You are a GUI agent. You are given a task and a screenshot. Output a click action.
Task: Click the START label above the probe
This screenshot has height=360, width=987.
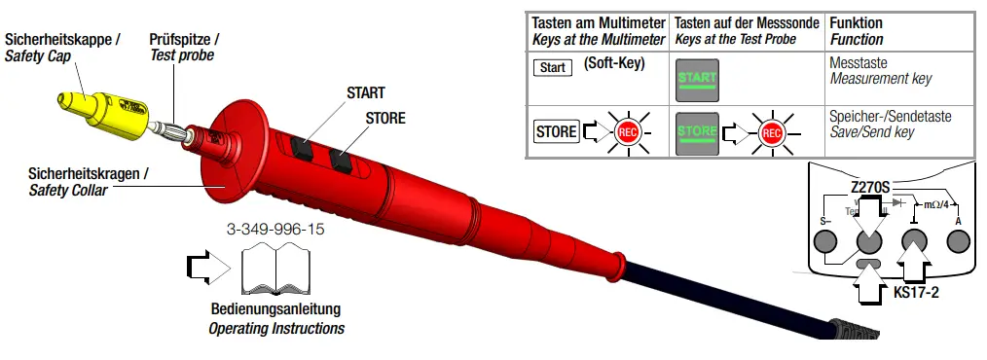point(366,92)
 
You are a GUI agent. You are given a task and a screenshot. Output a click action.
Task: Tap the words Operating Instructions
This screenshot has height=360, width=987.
point(276,328)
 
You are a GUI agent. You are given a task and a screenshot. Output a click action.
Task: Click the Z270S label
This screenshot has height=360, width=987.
point(873,185)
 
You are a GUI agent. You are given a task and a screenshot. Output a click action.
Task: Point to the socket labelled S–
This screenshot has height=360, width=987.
point(827,244)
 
